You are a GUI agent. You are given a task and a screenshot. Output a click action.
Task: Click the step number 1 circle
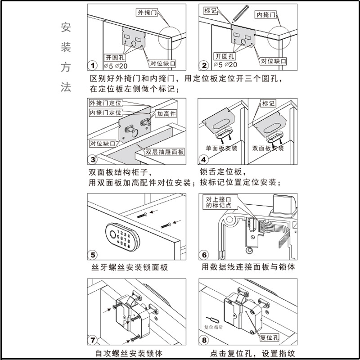pos(93,66)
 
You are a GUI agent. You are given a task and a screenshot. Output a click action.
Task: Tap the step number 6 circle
pos(204,255)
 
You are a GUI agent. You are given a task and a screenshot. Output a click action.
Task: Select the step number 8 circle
pos(204,340)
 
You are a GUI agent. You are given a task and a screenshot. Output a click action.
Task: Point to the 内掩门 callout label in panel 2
pos(266,15)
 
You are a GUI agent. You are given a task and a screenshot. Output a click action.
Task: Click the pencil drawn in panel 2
pos(240,13)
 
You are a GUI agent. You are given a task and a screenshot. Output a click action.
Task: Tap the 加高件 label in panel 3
pos(166,113)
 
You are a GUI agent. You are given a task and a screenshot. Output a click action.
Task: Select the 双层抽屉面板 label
pos(165,152)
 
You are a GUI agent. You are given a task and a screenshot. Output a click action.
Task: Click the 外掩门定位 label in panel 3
pos(105,103)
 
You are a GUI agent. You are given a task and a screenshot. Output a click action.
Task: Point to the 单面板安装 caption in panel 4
pos(221,148)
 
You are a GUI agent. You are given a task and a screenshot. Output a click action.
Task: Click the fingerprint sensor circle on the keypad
pos(112,234)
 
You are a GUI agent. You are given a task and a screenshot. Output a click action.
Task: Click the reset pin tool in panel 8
pos(212,319)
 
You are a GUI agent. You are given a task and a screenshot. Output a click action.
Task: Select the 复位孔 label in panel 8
pos(270,337)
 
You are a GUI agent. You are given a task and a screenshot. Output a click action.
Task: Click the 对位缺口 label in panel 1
pos(162,63)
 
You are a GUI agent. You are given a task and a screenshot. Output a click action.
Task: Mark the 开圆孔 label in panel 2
pos(224,56)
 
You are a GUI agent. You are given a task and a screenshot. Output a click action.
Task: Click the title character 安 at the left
pos(66,27)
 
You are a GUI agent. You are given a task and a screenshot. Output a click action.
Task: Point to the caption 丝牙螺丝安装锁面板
pos(130,267)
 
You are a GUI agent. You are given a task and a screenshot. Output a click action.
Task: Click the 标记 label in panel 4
pos(268,103)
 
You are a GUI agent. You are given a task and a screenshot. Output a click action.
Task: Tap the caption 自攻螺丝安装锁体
pos(129,353)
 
